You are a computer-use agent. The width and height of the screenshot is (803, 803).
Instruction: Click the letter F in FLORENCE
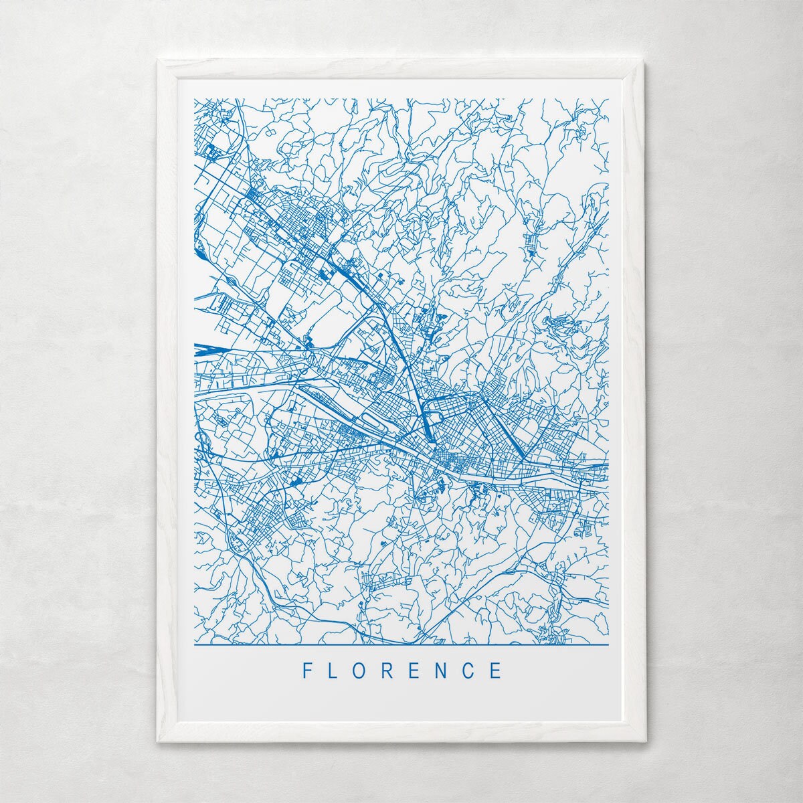pyautogui.click(x=307, y=671)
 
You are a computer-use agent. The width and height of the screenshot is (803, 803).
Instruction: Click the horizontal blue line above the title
pyautogui.click(x=401, y=644)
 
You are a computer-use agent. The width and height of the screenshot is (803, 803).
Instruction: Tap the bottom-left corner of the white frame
pyautogui.click(x=159, y=741)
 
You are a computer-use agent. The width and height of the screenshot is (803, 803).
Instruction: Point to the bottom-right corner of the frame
pyautogui.click(x=644, y=741)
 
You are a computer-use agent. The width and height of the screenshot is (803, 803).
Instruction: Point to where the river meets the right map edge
pyautogui.click(x=606, y=464)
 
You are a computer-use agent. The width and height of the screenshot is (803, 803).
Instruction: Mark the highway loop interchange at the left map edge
pyautogui.click(x=199, y=439)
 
